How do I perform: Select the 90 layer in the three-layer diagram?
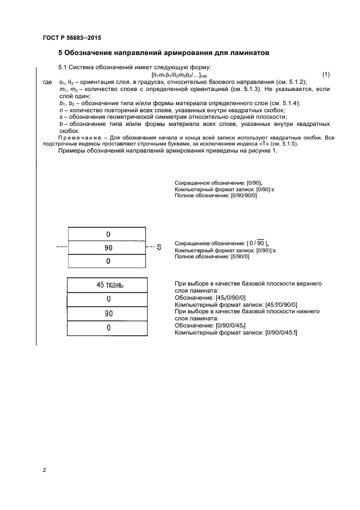tap(108, 247)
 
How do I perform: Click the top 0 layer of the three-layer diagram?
tap(108, 234)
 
